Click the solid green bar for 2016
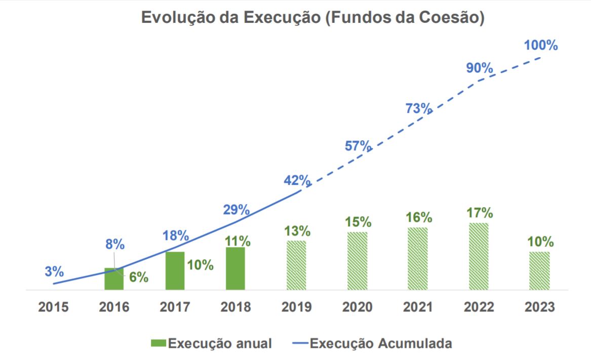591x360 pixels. click(114, 279)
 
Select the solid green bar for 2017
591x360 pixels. click(175, 271)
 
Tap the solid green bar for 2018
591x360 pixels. click(235, 268)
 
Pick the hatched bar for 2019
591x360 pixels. click(296, 265)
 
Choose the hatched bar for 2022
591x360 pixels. click(479, 256)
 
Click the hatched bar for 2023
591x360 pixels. click(539, 271)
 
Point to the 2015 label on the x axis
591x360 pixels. click(53, 307)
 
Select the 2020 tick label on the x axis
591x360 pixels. click(357, 307)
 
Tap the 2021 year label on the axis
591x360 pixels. click(418, 307)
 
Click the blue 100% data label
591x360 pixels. click(541, 46)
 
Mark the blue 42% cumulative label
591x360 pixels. click(297, 180)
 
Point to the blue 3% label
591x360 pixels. click(54, 271)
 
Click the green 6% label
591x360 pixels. click(138, 277)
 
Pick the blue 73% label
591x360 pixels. click(418, 108)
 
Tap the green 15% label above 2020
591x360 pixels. click(358, 222)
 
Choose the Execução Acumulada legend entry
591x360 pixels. click(372, 343)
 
